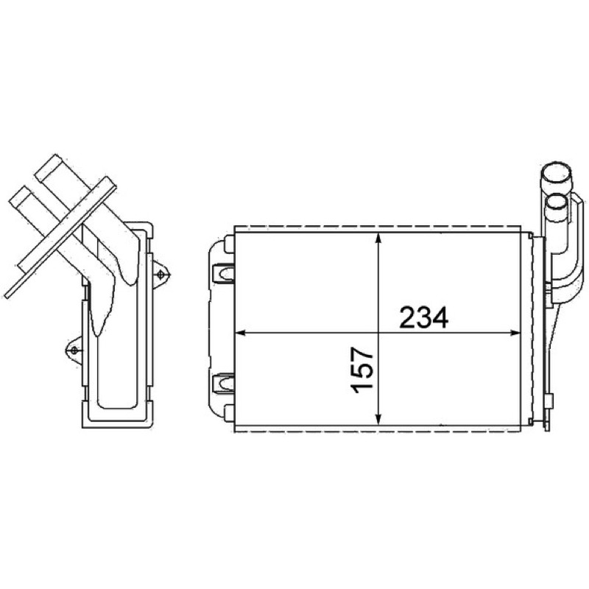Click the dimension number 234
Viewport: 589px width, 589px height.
pyautogui.click(x=423, y=318)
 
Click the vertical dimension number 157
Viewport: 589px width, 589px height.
pyautogui.click(x=362, y=370)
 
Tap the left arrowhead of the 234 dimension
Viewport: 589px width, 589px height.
pyautogui.click(x=241, y=333)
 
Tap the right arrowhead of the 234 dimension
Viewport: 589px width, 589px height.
pyautogui.click(x=515, y=333)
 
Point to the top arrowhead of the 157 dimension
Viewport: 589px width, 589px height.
pyautogui.click(x=379, y=239)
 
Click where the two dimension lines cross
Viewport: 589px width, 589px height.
pyautogui.click(x=379, y=333)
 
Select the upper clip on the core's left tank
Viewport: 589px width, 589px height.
pyautogui.click(x=223, y=273)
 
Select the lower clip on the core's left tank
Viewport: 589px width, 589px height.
pyautogui.click(x=223, y=383)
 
